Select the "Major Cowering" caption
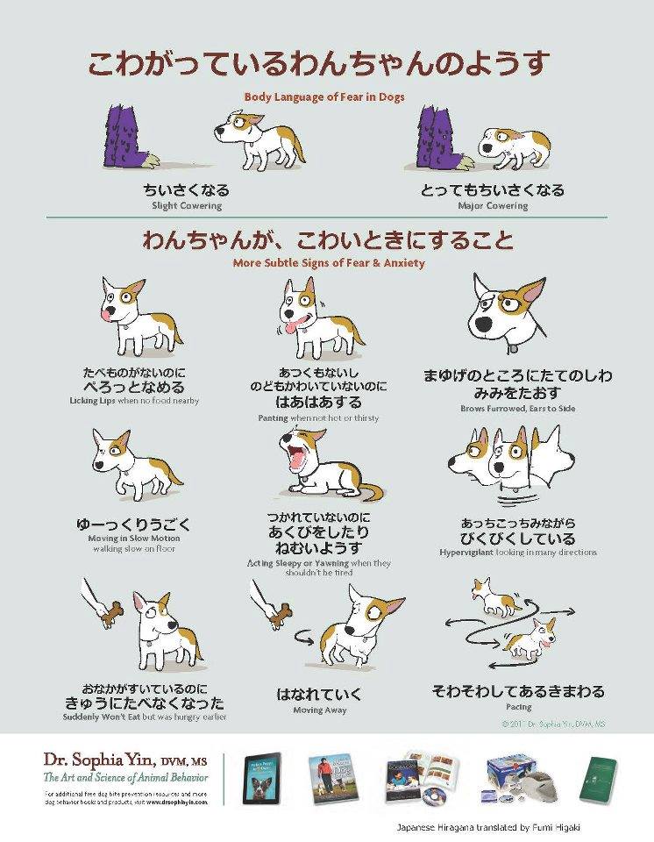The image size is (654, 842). (x=493, y=206)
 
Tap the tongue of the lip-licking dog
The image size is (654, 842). (x=107, y=310)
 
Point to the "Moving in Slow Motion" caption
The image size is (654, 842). (x=134, y=539)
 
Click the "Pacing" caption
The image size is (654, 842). (x=517, y=707)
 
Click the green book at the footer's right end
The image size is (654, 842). (x=598, y=776)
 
